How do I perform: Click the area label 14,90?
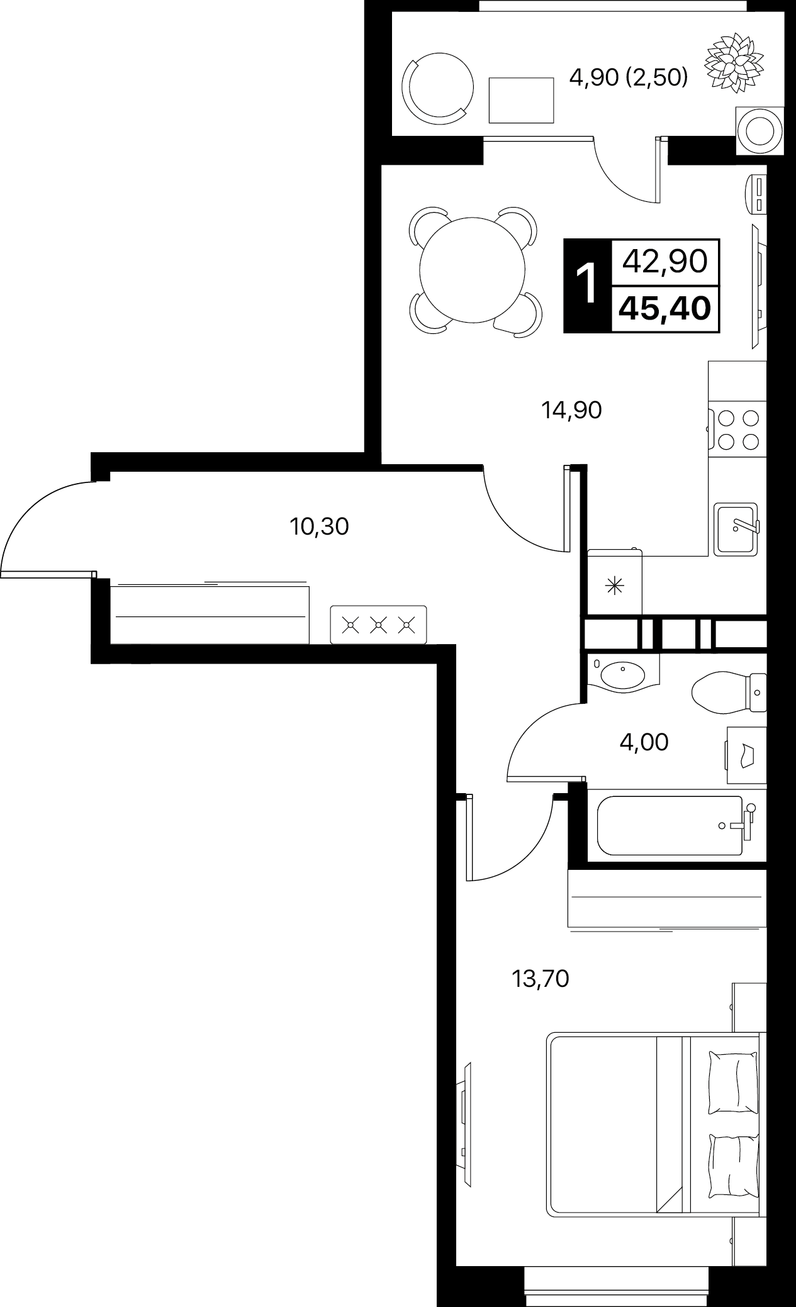coord(571,411)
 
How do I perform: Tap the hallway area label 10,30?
coord(319,526)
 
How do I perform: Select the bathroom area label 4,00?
coord(644,742)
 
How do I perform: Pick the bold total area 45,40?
coord(665,309)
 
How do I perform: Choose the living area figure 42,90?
coord(665,261)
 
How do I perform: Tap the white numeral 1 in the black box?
coord(587,285)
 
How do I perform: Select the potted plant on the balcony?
coord(734,63)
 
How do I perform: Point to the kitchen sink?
coord(736,528)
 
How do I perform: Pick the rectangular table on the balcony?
coord(521,100)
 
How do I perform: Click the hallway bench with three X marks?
coord(378,625)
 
